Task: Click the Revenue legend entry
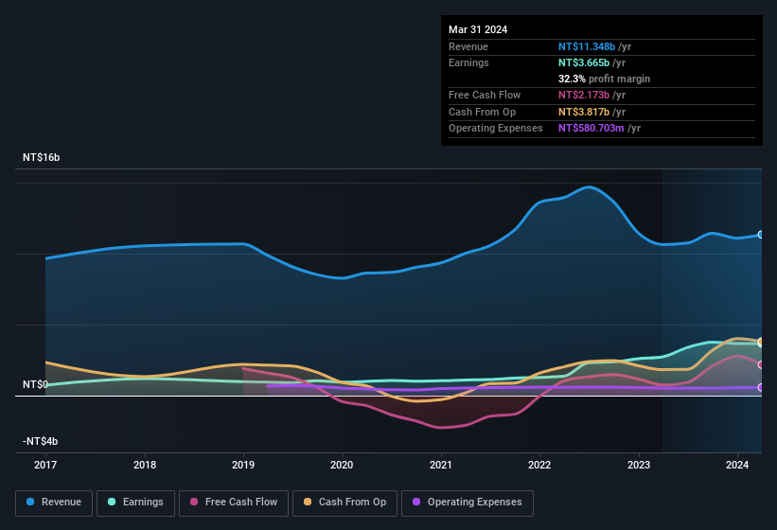[x=55, y=502]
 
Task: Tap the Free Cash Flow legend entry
[x=234, y=502]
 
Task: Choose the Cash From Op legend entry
[x=344, y=502]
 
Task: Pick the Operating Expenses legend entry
[x=467, y=502]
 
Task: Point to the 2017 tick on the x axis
[x=45, y=465]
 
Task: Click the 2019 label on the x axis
[x=243, y=465]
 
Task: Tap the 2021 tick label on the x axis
[x=440, y=465]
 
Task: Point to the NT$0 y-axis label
[x=35, y=385]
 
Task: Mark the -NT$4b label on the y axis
[x=41, y=441]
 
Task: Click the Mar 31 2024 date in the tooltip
[x=478, y=29]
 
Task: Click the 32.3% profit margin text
[x=604, y=79]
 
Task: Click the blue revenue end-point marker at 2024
[x=760, y=235]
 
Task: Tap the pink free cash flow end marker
[x=760, y=364]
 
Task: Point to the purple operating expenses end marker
[x=760, y=387]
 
